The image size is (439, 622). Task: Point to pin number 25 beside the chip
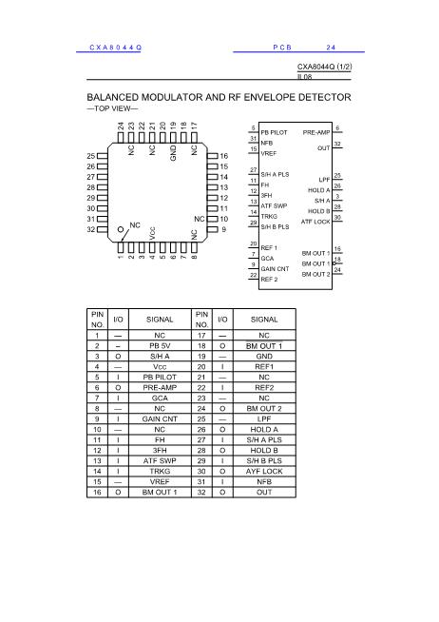90,156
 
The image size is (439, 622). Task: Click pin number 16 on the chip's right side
224,156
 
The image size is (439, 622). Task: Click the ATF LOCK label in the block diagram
315,221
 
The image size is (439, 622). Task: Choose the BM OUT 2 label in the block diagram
315,274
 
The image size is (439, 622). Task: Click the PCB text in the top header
282,48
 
